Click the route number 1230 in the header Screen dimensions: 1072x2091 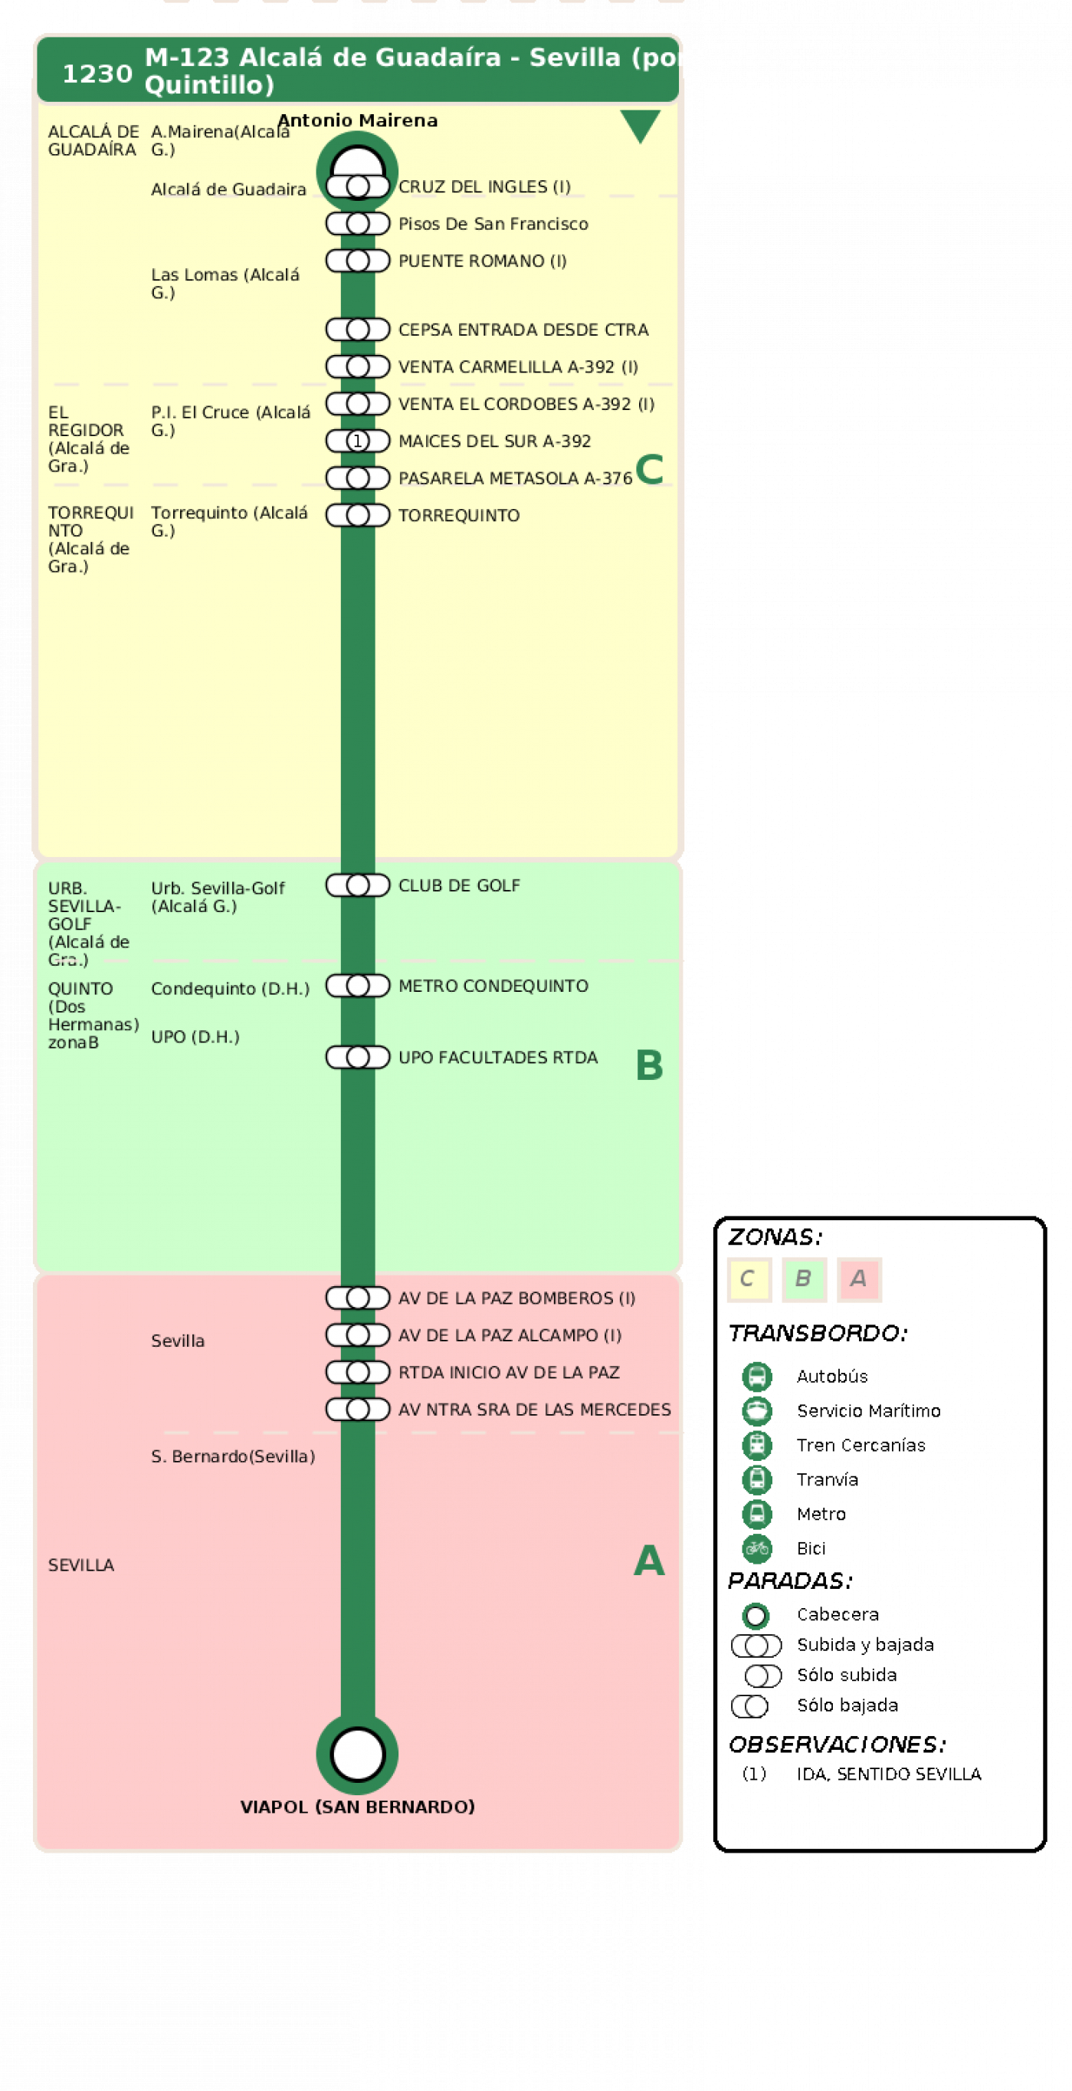click(x=97, y=74)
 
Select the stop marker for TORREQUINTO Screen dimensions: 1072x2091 click(x=358, y=515)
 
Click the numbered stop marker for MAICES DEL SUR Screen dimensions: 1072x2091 click(x=358, y=441)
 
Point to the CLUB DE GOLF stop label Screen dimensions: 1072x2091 click(x=459, y=885)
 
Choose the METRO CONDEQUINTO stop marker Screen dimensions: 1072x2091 click(x=358, y=986)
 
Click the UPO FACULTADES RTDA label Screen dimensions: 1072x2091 click(x=498, y=1058)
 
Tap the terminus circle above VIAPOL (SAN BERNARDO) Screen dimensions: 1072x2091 click(x=358, y=1755)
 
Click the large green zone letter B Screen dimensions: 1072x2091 click(x=649, y=1065)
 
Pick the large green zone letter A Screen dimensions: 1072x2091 click(x=649, y=1561)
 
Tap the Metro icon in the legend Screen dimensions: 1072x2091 click(x=757, y=1514)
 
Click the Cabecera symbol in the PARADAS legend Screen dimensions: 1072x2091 click(x=756, y=1615)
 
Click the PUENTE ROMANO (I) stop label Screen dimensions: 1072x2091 click(x=483, y=261)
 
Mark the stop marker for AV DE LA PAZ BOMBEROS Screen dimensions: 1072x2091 click(x=358, y=1298)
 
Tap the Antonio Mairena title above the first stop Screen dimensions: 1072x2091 click(x=358, y=120)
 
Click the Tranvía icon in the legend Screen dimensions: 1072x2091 click(x=757, y=1479)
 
